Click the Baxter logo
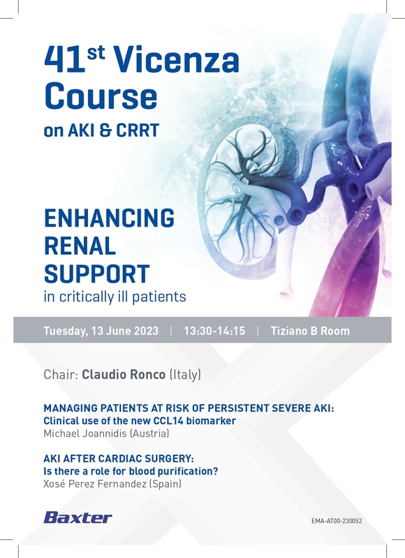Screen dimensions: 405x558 click(78, 518)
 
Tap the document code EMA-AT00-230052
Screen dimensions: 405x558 click(337, 521)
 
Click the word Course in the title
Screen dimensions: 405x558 click(101, 96)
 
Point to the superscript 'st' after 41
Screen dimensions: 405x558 click(96, 52)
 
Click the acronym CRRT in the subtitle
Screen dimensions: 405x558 click(138, 130)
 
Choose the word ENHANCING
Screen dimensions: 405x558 click(109, 218)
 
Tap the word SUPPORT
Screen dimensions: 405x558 click(96, 273)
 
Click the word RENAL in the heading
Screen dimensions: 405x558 click(80, 246)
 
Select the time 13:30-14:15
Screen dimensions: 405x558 click(214, 331)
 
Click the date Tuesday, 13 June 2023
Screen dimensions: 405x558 click(101, 331)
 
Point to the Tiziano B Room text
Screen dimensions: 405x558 click(310, 331)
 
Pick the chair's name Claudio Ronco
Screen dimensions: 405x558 click(124, 375)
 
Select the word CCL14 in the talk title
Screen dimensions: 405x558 click(168, 421)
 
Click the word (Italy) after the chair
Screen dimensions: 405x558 click(185, 375)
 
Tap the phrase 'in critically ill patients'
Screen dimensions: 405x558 click(115, 297)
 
